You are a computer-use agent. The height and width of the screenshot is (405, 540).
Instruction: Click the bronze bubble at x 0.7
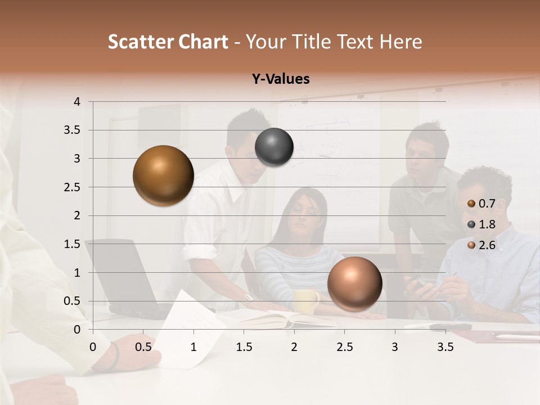point(163,175)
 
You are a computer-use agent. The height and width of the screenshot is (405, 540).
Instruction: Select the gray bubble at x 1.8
point(274,147)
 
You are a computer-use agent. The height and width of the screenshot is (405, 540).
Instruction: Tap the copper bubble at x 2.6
point(354,283)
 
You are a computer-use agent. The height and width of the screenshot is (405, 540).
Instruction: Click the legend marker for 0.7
point(471,204)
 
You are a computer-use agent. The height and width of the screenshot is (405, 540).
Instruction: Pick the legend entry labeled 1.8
point(487,224)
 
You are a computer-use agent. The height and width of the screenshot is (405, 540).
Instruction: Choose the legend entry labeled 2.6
point(487,245)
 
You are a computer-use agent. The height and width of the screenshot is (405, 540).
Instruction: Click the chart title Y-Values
point(281,79)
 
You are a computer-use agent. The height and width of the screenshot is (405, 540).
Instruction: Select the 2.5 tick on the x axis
point(344,347)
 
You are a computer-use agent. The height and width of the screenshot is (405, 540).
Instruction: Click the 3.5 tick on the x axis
point(445,347)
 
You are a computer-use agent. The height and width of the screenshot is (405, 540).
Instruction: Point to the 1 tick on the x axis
point(193,347)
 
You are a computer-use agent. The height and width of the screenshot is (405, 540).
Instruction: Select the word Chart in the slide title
point(203,42)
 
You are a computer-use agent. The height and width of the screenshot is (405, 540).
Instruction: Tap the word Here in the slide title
point(400,42)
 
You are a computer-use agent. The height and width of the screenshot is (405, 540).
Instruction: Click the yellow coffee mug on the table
point(307,301)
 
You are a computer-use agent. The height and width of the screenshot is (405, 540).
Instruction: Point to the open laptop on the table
point(121,276)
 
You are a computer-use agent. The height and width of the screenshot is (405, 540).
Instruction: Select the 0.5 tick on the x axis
point(143,347)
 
